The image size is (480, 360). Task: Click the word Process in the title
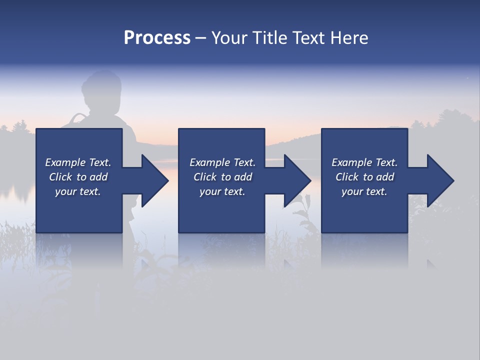157,38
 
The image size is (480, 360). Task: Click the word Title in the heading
268,38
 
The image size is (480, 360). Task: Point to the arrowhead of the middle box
297,180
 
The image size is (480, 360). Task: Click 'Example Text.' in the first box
78,162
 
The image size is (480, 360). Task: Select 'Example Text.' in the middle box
222,162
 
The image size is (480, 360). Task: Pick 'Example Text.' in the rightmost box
364,162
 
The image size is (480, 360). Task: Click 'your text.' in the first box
78,191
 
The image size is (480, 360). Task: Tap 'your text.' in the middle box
222,191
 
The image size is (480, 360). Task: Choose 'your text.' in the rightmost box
364,191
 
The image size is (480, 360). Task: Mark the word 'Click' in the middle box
205,177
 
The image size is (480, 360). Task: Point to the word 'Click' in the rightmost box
347,177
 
